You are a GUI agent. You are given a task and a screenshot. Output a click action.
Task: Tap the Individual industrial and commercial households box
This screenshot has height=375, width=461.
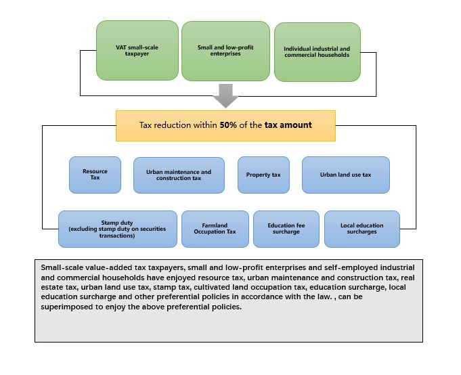(317, 52)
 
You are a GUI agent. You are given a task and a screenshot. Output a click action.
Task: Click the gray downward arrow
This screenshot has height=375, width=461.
(225, 99)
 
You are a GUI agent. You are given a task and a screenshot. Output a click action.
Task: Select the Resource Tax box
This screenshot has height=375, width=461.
(95, 175)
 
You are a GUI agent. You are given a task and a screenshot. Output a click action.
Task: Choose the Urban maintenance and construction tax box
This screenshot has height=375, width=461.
(179, 175)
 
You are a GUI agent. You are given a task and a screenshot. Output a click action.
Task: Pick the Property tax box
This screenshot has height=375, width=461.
(263, 175)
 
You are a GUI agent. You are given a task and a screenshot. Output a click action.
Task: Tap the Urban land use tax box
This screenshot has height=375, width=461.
(345, 175)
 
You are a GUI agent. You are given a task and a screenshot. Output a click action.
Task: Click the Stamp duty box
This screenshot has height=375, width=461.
(117, 229)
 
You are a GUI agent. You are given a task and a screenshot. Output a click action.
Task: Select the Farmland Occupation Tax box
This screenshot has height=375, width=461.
(215, 229)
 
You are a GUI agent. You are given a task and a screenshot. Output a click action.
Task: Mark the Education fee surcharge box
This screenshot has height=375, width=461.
(284, 229)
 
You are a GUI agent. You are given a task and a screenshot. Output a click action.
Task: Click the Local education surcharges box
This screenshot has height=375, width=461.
(361, 229)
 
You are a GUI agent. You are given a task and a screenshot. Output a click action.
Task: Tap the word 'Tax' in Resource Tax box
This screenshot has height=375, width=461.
(95, 179)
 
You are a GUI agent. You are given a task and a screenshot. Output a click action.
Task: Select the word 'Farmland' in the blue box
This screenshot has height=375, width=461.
(215, 225)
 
